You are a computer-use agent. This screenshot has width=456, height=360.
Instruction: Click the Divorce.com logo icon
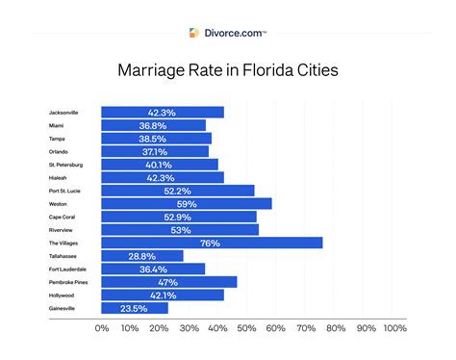(x=197, y=32)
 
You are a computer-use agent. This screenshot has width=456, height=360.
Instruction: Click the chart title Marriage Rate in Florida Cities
(x=228, y=69)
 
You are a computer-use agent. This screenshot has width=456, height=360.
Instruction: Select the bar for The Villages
(x=211, y=243)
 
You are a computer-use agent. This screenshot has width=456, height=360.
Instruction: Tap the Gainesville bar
(x=134, y=308)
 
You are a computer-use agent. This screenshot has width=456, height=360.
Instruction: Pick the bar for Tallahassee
(x=141, y=256)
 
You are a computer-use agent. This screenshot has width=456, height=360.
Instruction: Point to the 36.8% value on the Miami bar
(x=153, y=125)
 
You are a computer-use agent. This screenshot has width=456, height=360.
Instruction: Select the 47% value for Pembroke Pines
(x=168, y=282)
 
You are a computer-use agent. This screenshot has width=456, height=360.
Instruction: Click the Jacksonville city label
(x=63, y=113)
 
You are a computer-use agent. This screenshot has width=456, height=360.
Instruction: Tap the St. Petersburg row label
(x=66, y=165)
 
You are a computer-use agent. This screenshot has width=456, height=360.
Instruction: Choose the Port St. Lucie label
(x=65, y=191)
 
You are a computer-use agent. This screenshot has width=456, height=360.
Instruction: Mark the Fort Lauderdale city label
(x=68, y=269)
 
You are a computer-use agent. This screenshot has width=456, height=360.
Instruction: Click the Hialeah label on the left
(x=59, y=177)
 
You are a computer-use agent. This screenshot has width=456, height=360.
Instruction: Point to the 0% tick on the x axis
(x=102, y=329)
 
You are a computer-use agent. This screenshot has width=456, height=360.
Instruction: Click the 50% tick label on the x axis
(x=248, y=329)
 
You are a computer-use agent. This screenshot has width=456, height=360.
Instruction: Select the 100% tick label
(x=394, y=329)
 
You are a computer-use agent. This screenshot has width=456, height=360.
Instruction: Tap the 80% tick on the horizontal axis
(x=336, y=329)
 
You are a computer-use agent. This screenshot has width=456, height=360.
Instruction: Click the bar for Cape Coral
(x=178, y=217)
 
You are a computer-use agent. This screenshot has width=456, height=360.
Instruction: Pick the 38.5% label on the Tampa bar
(x=155, y=139)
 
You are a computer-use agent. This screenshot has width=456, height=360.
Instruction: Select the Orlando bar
(x=154, y=151)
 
